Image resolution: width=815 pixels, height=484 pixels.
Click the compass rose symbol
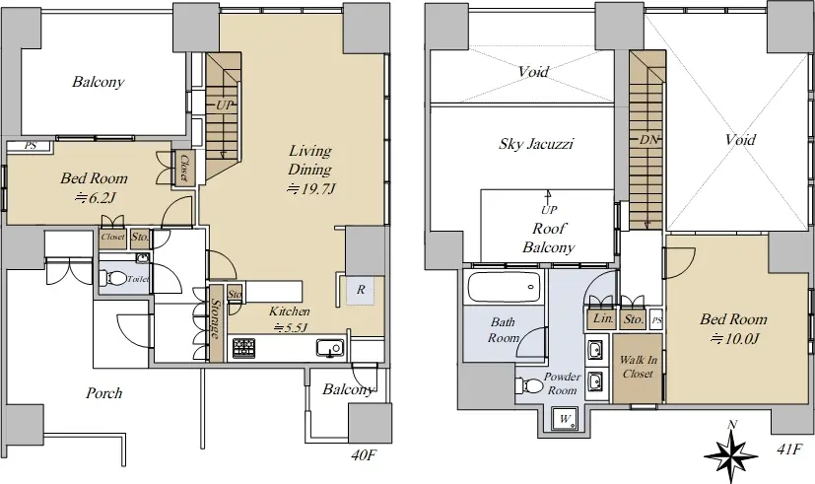pos(731,449)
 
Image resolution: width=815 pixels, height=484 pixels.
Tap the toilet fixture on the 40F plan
pos(112,279)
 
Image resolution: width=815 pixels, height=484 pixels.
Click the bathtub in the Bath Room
pos(504,287)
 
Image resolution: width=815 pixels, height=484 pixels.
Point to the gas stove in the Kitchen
pos(242,348)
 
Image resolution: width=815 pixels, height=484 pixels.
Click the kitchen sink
pos(329,347)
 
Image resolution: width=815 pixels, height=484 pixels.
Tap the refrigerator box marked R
pos(361,290)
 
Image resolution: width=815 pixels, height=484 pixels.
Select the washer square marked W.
pos(565,418)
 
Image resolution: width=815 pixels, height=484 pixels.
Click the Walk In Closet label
pos(638,367)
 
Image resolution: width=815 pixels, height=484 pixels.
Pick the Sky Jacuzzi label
pos(535,144)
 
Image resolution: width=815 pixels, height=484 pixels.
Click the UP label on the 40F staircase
pos(225,105)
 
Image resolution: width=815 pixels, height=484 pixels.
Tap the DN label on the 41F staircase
pos(649,139)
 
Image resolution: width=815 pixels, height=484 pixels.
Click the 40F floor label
pos(364,456)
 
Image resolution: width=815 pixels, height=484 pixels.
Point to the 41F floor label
pos(789,449)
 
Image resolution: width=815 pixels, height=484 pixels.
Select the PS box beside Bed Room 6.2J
pos(31,146)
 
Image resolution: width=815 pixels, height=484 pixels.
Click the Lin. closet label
pos(603,318)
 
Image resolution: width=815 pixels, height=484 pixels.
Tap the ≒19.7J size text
pos(310,188)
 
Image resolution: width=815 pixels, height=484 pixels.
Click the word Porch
pos(103,393)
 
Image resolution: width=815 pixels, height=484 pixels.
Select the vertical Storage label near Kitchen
pos(216,319)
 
